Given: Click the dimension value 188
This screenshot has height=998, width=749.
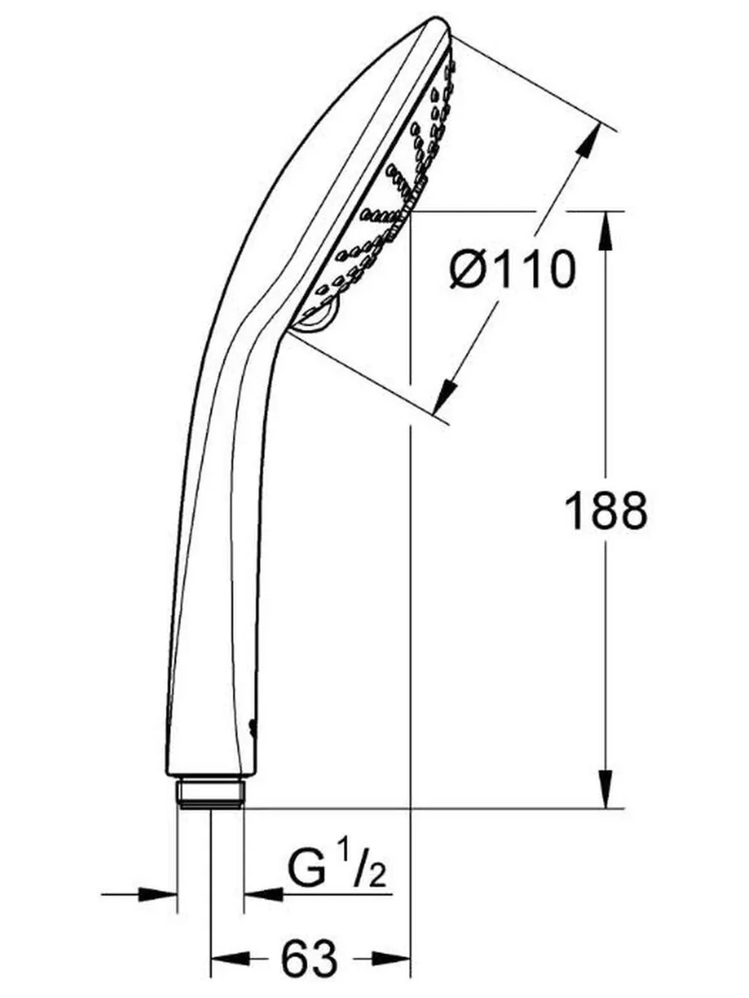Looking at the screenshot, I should point(605,511).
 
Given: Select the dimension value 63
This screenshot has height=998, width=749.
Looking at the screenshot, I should point(309,959).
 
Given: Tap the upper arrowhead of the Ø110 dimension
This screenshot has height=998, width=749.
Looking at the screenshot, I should point(588,141).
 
